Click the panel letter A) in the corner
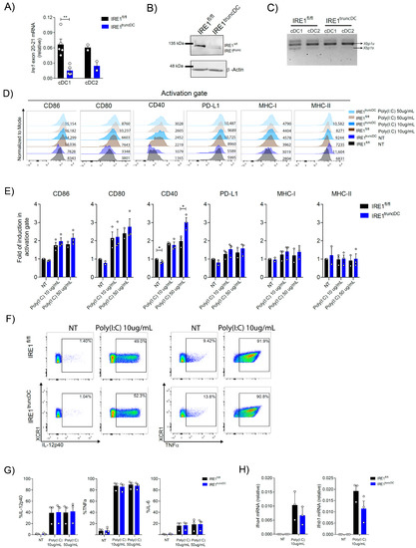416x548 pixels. (x=7, y=7)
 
